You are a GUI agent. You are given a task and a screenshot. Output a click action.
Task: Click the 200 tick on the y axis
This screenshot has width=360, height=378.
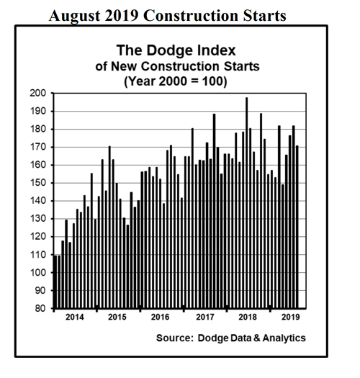click(37, 94)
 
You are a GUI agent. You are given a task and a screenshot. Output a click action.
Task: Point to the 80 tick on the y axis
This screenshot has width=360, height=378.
click(40, 309)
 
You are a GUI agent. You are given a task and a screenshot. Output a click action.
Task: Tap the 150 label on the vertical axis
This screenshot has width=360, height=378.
click(37, 183)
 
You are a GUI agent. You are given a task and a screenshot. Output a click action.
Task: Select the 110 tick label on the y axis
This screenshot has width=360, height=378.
click(37, 255)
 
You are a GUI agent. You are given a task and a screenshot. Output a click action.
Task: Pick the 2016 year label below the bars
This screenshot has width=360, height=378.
click(160, 317)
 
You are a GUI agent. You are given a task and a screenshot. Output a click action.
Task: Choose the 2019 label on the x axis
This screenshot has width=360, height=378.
click(289, 317)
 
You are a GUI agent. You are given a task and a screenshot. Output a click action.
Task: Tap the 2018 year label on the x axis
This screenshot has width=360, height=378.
click(248, 317)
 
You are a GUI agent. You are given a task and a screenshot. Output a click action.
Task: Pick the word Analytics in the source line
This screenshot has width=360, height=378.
click(280, 338)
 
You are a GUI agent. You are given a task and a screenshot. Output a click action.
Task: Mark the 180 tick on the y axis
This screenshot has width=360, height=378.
click(37, 130)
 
